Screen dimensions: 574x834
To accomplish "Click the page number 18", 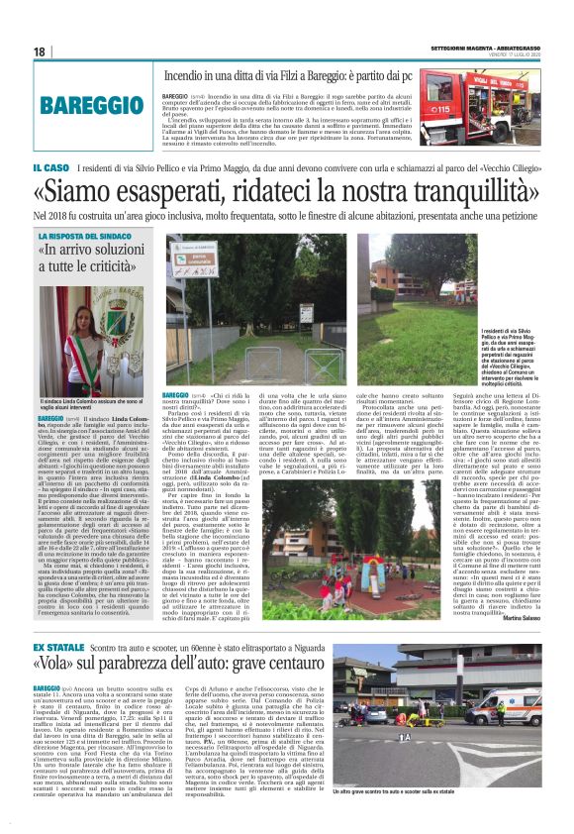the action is (x=39, y=52).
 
